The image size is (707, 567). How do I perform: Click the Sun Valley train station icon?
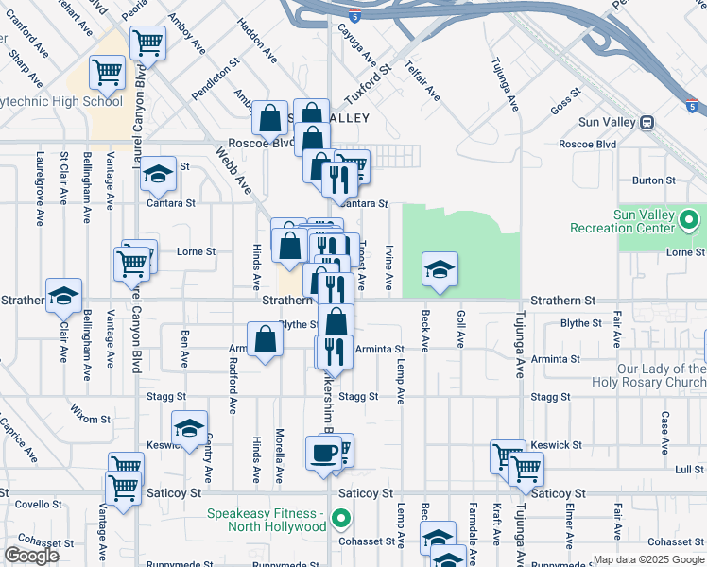click(x=647, y=122)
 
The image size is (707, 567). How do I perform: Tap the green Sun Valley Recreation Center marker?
click(x=689, y=222)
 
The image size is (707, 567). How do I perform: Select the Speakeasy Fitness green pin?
click(x=343, y=519)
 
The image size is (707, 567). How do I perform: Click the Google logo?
click(x=31, y=556)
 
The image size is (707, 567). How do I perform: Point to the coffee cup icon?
click(x=322, y=453)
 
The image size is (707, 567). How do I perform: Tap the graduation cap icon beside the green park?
click(x=440, y=269)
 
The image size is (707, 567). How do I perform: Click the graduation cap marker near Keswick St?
click(x=189, y=427)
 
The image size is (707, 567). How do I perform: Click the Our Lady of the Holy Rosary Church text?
click(x=647, y=375)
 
